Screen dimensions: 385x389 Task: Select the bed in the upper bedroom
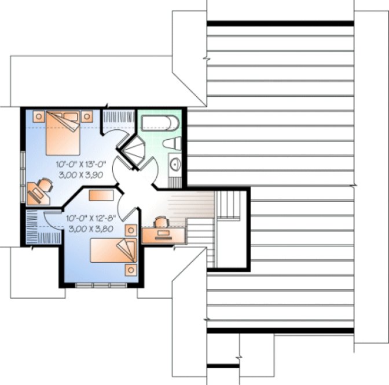pos(60,132)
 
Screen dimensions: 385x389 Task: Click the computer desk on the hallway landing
pos(163,235)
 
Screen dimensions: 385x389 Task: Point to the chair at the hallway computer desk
pos(161,221)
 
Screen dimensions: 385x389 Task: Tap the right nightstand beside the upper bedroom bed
pos(89,116)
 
